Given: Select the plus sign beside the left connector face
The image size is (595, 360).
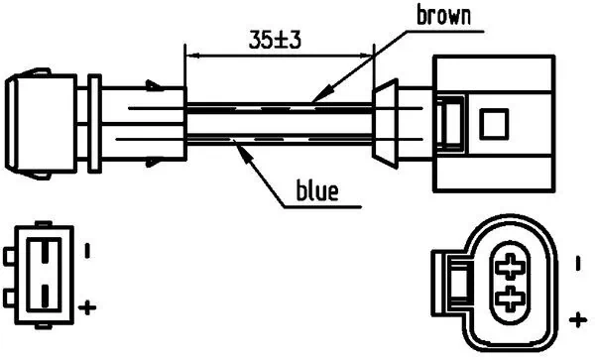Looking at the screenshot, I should tap(87, 306).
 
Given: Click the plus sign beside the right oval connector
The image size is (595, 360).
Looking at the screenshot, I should tap(579, 318).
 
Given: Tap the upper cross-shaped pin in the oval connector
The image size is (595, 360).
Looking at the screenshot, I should tap(511, 265).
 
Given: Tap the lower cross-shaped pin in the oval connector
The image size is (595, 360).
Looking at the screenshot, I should tap(511, 298).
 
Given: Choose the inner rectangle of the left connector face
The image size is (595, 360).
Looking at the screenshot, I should tap(45, 272).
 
